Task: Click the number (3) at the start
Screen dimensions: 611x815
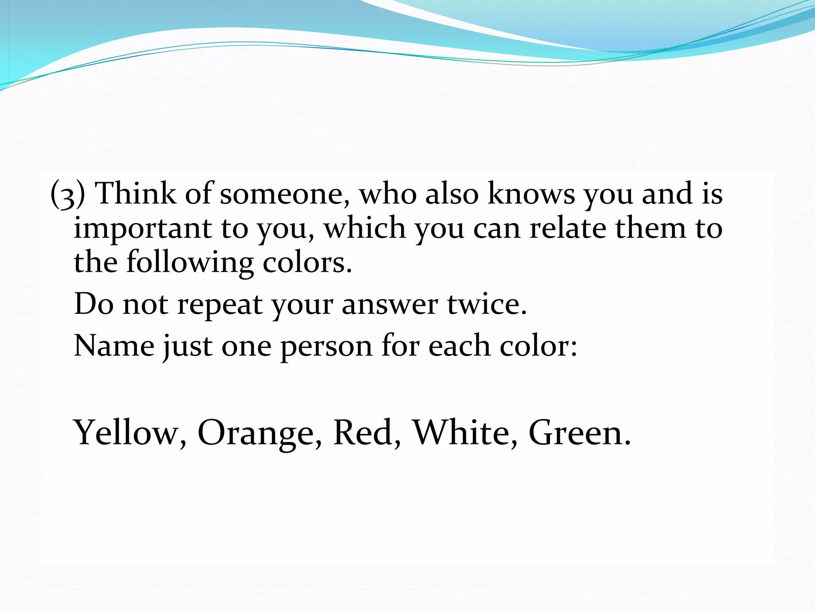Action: tap(68, 194)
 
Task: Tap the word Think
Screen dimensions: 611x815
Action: tap(136, 194)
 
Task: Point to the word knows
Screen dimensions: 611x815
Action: tap(531, 194)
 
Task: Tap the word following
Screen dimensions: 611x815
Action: tap(190, 263)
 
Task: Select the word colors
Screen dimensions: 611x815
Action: tap(307, 263)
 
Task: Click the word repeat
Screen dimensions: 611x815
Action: tap(220, 305)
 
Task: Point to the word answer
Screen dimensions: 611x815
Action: tap(390, 305)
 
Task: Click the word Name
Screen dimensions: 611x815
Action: tap(114, 346)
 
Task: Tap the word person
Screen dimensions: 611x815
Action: tap(326, 346)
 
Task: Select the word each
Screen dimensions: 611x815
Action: tap(459, 346)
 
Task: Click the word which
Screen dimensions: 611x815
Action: tap(365, 228)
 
